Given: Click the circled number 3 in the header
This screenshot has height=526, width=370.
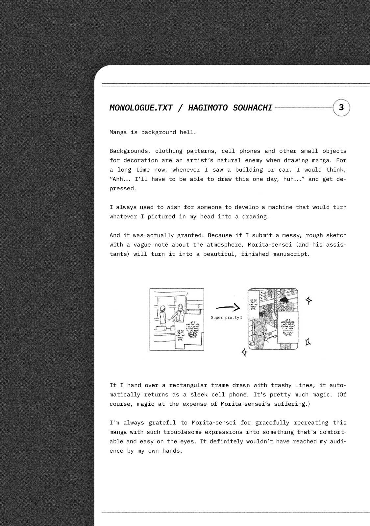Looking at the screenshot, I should pos(341,108).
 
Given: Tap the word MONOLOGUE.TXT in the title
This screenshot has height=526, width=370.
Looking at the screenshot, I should pos(141,108).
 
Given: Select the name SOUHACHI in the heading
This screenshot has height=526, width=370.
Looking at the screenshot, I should pos(252,108).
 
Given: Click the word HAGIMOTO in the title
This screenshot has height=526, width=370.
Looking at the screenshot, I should pos(208,108).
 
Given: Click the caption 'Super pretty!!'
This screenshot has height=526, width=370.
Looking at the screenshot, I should pos(227,318).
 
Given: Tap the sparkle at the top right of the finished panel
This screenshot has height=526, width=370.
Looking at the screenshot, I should pos(308,300).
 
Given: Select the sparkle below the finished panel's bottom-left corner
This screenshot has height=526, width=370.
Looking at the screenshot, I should pos(244,352).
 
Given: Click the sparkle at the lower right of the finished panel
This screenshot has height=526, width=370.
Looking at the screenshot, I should pos(308,342).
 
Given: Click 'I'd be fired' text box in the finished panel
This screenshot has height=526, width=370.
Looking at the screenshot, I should pos(253,304).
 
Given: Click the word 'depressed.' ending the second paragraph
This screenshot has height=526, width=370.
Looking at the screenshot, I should pos(122,188).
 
